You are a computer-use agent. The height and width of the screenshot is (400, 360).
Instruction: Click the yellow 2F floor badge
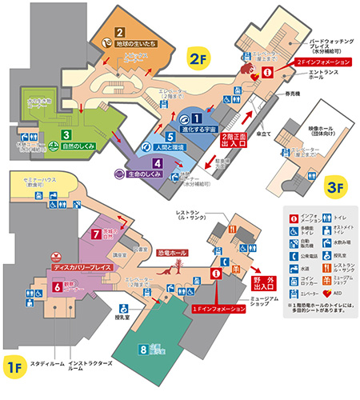click(197, 58)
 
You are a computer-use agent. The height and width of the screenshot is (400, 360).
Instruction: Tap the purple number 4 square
click(158, 164)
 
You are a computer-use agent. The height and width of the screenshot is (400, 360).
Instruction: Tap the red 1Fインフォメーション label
click(214, 308)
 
